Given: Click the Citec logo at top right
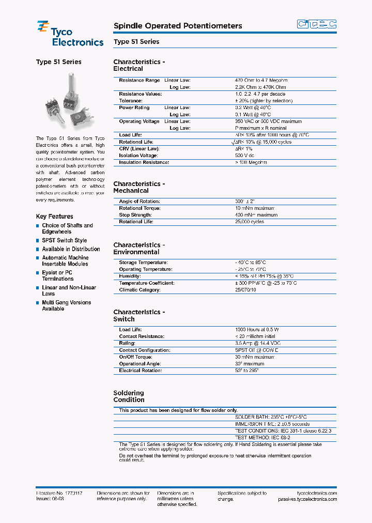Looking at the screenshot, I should pos(317,24).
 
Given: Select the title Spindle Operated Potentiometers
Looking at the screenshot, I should pos(177,26).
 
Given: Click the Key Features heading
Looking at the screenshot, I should pos(54,217).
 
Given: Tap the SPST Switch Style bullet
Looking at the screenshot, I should pos(64,240).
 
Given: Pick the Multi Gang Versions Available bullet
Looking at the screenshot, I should pos(66,305).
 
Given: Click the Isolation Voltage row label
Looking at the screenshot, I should pos(138,156).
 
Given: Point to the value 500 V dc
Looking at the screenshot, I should pos(245,156).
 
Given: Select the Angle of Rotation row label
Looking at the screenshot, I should pos(139,201).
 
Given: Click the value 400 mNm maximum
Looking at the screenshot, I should pos(256,215).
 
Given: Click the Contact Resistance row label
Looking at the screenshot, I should pos(142,336).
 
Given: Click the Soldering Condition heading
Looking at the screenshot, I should pos(129,396).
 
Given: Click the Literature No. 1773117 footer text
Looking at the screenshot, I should pos(59,494).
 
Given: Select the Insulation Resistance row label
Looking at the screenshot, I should pos(144,162).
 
